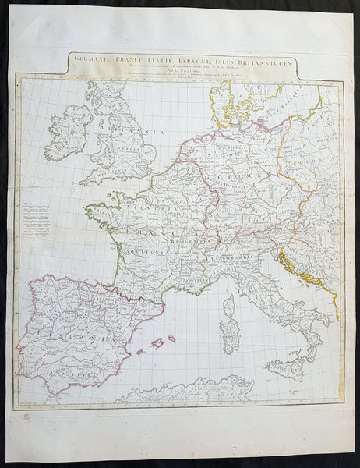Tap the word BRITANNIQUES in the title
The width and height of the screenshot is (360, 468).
(x=257, y=58)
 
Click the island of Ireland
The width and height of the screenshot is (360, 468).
(x=69, y=129)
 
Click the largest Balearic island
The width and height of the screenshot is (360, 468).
(x=159, y=342)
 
